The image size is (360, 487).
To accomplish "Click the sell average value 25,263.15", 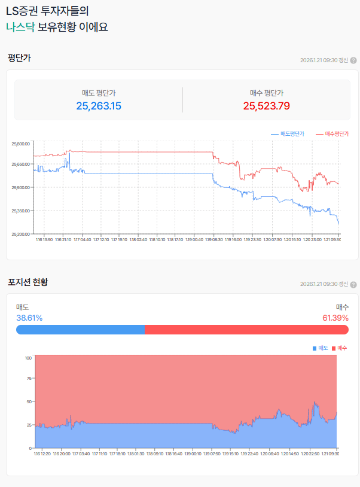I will (99, 106).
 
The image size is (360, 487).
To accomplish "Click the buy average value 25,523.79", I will (266, 106).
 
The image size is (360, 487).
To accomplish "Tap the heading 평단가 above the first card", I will (19, 58).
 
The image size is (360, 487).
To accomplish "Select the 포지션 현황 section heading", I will (28, 282).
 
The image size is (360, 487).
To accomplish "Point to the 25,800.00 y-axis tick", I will (20, 144).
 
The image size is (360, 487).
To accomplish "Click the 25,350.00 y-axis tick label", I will (20, 211).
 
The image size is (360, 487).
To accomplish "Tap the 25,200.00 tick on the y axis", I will (20, 234).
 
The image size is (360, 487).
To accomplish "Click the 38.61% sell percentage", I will (29, 318).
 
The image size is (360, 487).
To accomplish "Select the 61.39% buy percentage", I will (335, 318).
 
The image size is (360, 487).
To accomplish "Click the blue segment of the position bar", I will (80, 330).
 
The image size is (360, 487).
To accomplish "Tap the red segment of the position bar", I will (246, 330).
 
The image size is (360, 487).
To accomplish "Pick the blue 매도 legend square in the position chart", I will (315, 348).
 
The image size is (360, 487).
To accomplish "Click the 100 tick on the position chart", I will (28, 358).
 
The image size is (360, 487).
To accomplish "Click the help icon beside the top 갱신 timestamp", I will (353, 60).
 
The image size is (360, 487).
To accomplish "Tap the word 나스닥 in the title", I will (20, 28).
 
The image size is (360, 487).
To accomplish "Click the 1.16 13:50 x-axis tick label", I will (44, 239).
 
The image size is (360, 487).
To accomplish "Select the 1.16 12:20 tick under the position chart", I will (42, 453).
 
